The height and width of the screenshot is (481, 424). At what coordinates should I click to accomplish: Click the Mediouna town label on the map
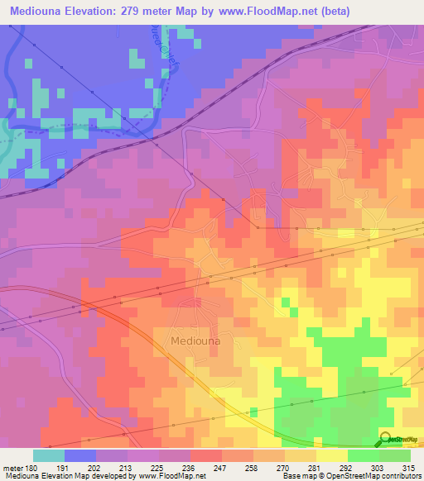[196, 340]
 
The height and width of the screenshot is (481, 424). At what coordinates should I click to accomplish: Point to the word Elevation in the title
[97, 12]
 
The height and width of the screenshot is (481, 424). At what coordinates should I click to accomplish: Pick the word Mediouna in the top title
[37, 12]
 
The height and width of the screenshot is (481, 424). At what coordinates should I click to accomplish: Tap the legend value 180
[31, 467]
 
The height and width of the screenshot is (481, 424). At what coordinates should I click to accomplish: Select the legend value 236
[190, 467]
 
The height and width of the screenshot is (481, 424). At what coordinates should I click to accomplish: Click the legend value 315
[410, 467]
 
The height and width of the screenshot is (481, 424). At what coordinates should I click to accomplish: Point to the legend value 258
[253, 467]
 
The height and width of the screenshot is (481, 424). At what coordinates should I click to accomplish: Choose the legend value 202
[95, 467]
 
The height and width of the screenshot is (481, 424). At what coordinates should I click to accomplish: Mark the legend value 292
[347, 467]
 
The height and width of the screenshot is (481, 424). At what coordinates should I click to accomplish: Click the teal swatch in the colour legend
[48, 455]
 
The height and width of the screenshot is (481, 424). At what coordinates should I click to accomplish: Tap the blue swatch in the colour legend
[79, 455]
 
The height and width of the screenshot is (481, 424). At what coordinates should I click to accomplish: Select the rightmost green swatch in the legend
[394, 455]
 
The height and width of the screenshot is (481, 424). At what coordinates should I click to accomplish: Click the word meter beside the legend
[12, 467]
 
